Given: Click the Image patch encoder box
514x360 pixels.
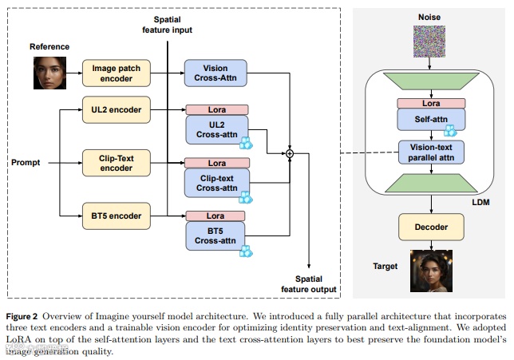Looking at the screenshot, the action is click(117, 73).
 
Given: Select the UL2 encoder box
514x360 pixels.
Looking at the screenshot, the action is click(117, 109).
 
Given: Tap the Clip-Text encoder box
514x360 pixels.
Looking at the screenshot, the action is click(117, 163).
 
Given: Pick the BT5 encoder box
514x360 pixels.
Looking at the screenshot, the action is click(117, 216).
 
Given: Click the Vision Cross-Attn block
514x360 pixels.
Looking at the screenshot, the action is click(215, 73).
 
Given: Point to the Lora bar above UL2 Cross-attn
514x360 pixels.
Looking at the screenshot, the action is click(216, 109).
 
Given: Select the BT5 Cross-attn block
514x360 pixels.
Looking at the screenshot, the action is click(215, 235).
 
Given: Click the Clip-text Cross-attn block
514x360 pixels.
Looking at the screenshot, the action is click(216, 183).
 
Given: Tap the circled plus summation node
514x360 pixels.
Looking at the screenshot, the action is click(290, 153).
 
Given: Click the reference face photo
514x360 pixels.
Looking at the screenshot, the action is click(49, 73).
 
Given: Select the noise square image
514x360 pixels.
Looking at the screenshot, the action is click(429, 42).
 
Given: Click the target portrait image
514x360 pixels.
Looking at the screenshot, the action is click(431, 271).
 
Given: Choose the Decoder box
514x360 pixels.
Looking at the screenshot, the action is click(431, 227).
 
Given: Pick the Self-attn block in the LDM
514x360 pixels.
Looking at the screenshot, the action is click(431, 120).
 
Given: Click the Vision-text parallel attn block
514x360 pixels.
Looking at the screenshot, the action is click(431, 152).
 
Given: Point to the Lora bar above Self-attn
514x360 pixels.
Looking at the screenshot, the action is click(431, 103).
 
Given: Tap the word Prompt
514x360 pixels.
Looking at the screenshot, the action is click(26, 163).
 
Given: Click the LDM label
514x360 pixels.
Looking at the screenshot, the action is click(480, 202).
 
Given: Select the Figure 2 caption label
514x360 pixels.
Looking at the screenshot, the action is click(22, 316).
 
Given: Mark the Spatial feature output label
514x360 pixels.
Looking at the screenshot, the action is click(308, 284).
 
